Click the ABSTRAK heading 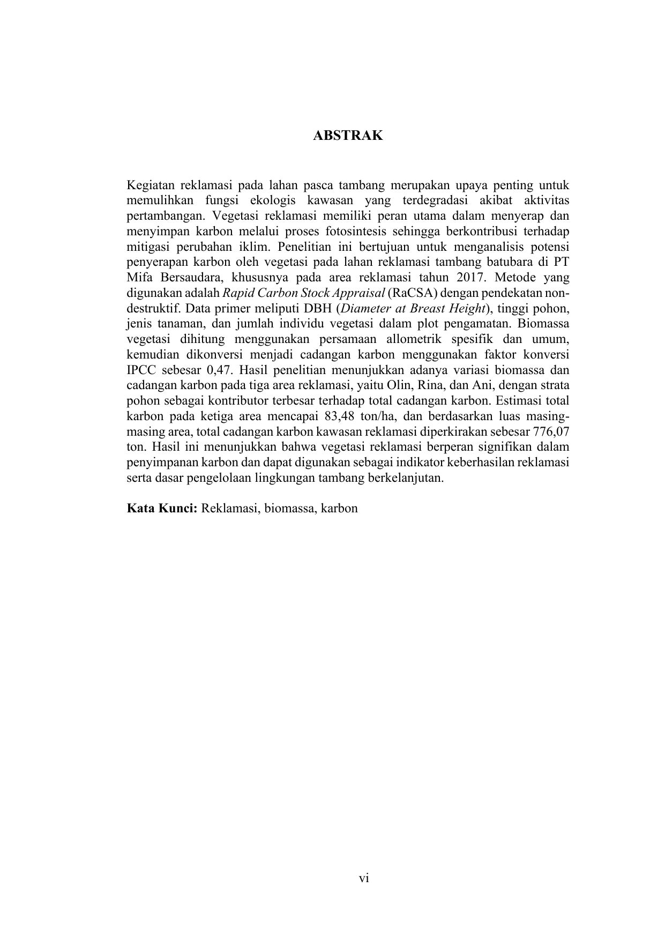tap(348, 136)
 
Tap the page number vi tap(364, 878)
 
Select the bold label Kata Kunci tap(162, 508)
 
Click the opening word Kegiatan tap(150, 185)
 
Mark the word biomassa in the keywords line tap(289, 508)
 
